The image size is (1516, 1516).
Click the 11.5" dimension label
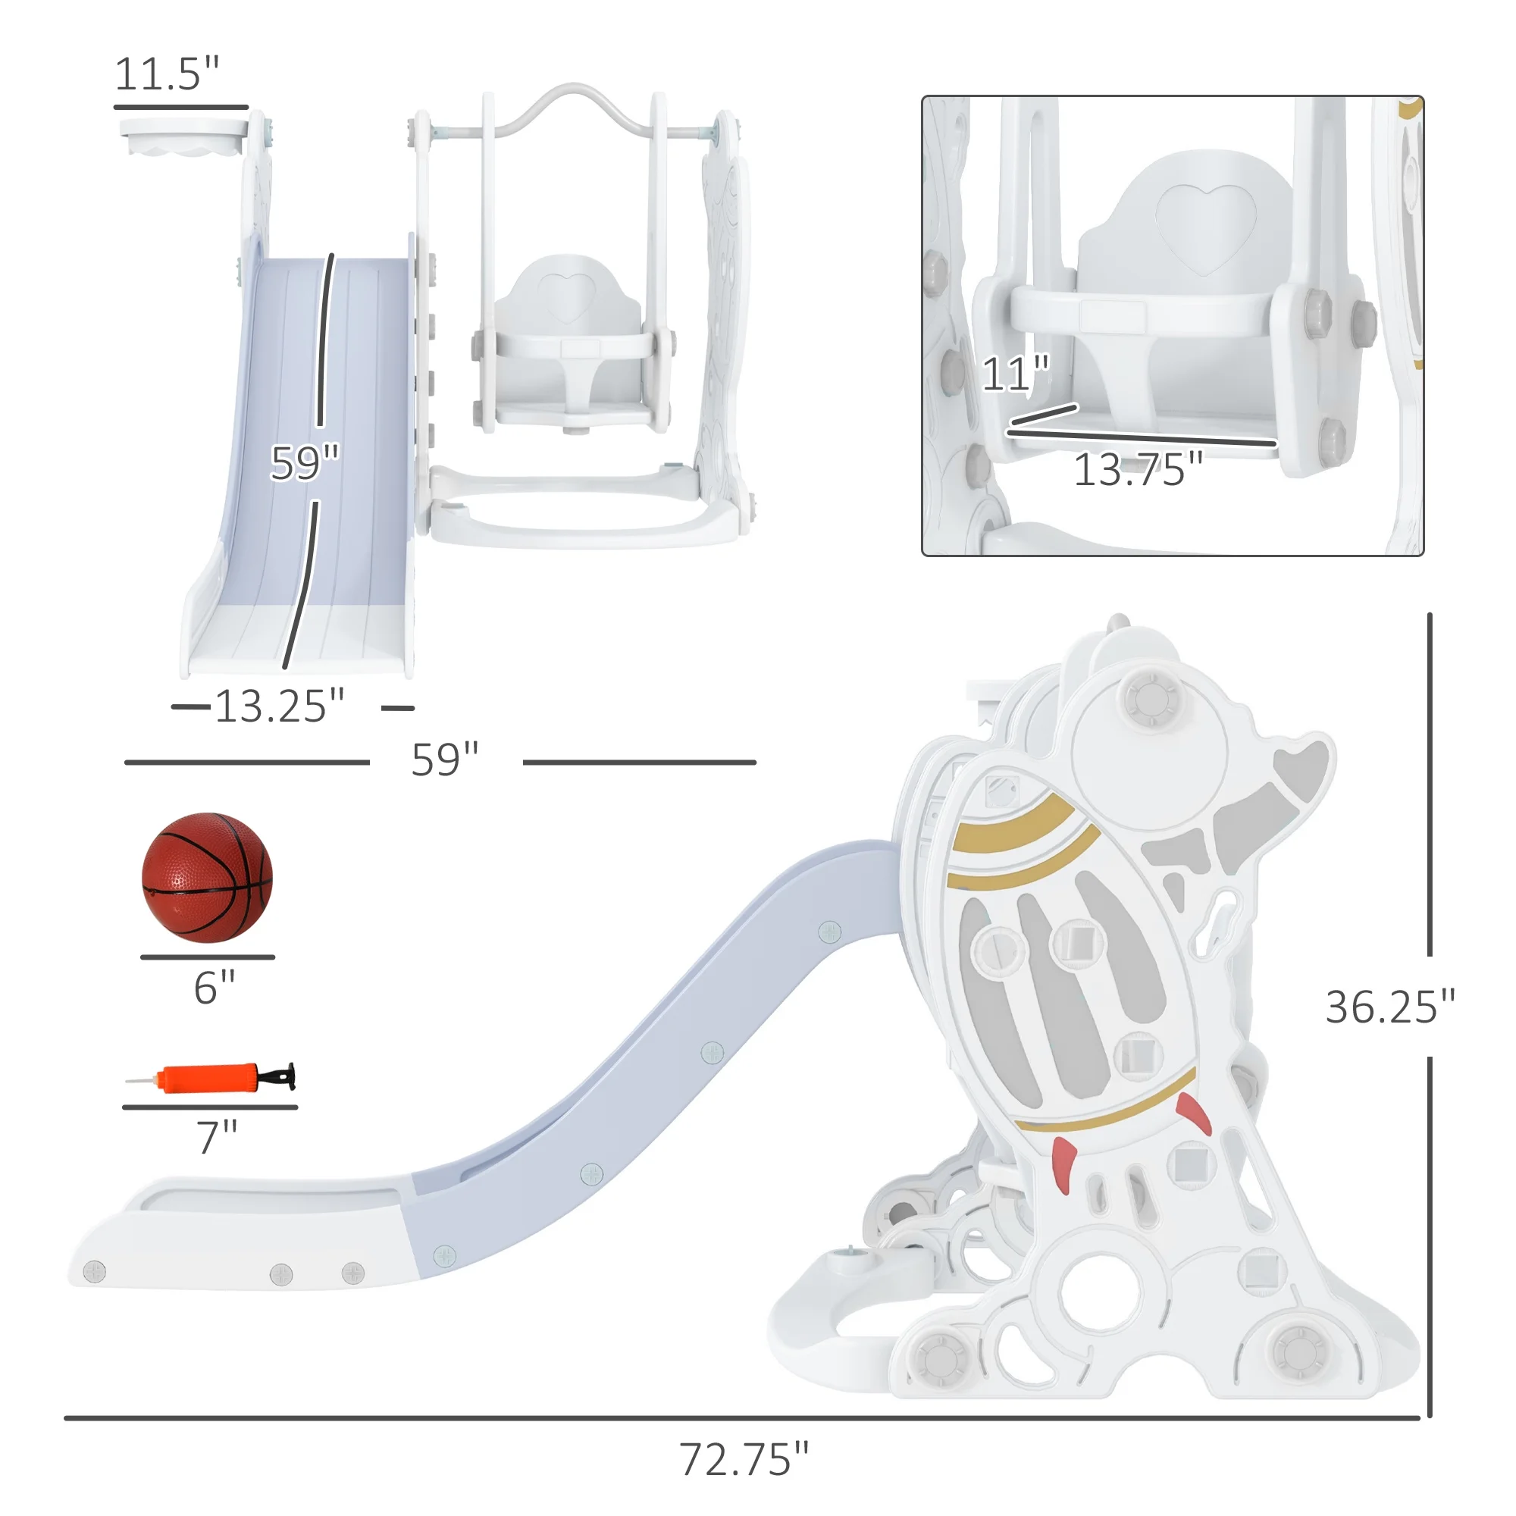point(166,74)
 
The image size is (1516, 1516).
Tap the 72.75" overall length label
point(742,1458)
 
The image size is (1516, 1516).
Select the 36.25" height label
point(1389,1007)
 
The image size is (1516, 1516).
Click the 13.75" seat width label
point(1137,470)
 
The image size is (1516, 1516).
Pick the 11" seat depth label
point(1015,374)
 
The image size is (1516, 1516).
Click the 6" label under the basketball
point(215,987)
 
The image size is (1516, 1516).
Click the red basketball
point(207,877)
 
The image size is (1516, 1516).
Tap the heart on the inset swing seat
point(1205,227)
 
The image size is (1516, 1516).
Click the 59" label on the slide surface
point(304,463)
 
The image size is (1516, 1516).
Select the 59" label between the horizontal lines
point(445,760)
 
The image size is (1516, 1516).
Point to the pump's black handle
point(283,1076)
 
